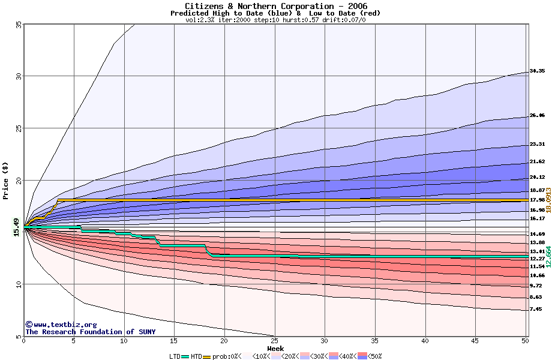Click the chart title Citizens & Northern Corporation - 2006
276,6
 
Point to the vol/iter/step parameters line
276,19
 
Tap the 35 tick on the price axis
18,24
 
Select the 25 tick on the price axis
18,128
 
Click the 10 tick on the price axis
18,284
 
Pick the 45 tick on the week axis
475,341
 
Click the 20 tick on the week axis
224,341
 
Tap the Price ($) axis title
5,181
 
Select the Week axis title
275,349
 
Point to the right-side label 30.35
537,71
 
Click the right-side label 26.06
537,115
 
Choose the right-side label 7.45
536,309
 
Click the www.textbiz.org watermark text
61,325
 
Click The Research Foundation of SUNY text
90,332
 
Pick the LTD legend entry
175,356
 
